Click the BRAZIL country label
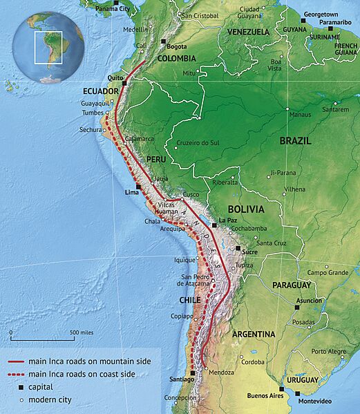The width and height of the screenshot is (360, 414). point(295,140)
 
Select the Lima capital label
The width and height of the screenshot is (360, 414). point(129,194)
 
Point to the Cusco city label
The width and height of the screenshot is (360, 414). point(191,195)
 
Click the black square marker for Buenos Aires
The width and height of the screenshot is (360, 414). point(281,389)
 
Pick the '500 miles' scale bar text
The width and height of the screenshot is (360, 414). point(82,332)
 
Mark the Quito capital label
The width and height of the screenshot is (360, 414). point(115,78)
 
